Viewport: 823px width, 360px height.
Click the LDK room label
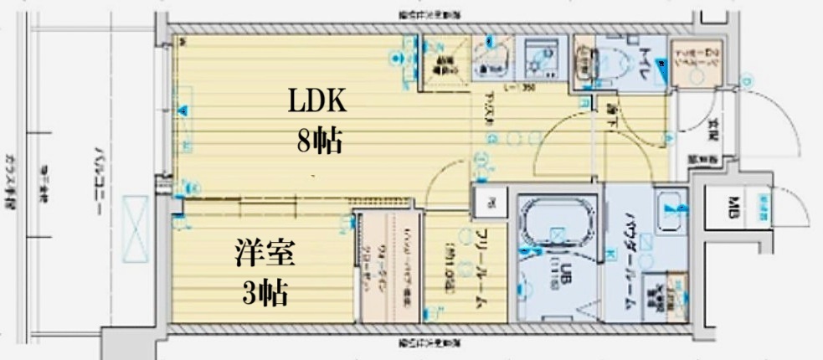tap(317, 101)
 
